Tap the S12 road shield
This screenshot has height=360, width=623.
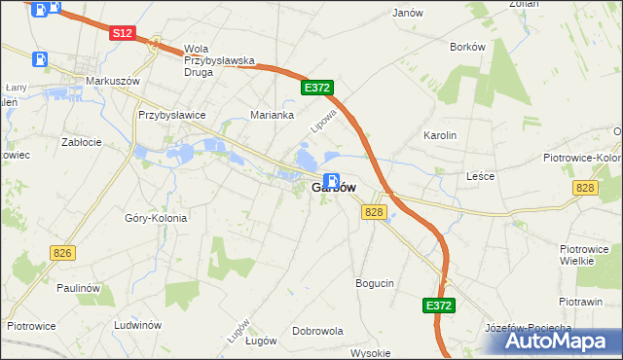[x=122, y=33]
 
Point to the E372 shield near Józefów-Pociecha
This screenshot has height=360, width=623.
[x=439, y=306]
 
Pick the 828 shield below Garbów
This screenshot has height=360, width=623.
[x=375, y=211]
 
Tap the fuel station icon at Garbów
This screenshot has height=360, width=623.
[x=331, y=181]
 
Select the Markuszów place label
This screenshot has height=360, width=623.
[x=108, y=81]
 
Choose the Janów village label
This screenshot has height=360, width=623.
[x=407, y=13]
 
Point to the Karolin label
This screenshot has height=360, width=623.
[x=440, y=135]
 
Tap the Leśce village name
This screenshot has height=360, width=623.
[x=481, y=176]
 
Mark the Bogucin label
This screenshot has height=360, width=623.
[x=375, y=283]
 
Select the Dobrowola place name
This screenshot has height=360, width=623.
[x=317, y=331]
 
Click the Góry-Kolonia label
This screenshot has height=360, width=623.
[x=156, y=218]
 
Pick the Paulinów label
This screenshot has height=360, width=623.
[x=79, y=288]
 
